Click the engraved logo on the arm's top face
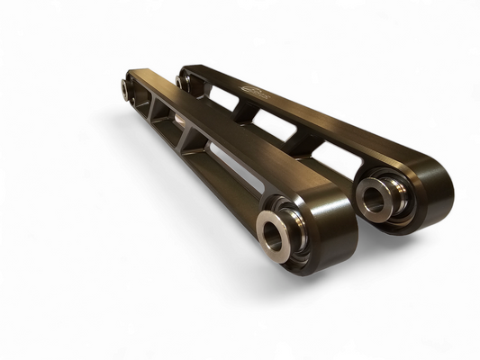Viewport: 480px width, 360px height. click(x=257, y=88)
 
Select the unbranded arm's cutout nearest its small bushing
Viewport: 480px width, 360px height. click(x=144, y=100)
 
